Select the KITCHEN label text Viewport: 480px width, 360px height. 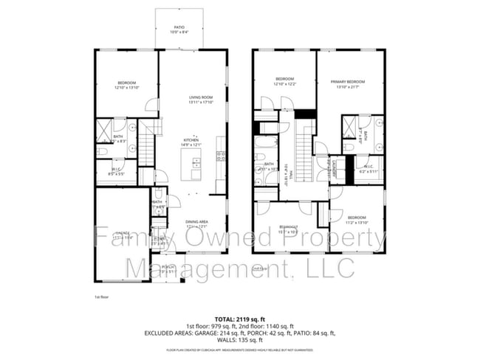196,142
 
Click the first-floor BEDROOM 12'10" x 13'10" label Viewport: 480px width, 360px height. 127,85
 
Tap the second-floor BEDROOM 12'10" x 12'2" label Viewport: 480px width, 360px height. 285,81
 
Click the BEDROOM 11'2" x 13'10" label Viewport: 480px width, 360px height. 357,219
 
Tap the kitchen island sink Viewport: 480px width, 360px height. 197,163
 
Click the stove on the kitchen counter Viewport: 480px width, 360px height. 220,156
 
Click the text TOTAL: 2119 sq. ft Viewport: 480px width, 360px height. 239,318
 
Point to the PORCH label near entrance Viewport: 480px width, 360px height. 168,269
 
